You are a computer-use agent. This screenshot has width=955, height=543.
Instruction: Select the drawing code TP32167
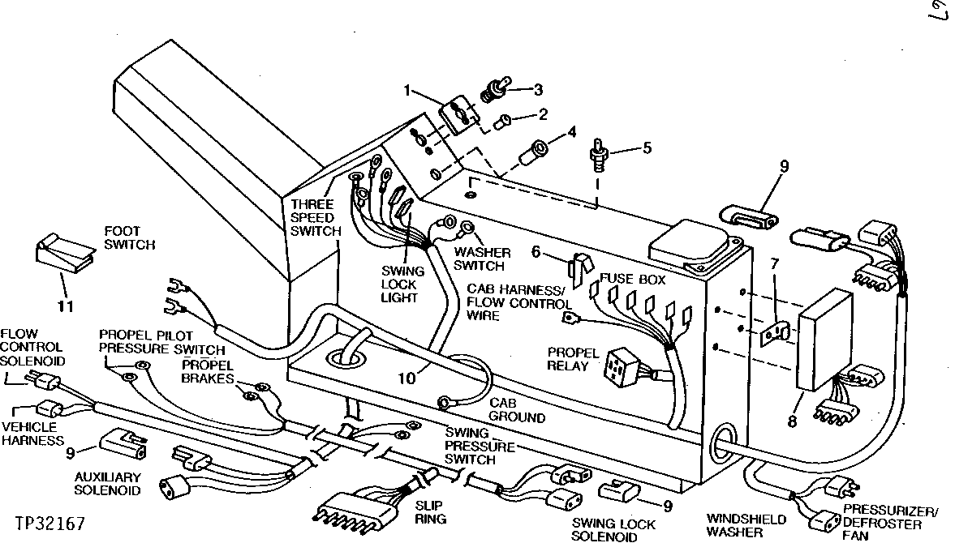(49, 514)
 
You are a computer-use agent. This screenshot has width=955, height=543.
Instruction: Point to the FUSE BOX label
(634, 280)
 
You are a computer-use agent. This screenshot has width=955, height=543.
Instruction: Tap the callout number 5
(646, 148)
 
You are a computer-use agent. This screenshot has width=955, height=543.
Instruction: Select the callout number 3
(537, 88)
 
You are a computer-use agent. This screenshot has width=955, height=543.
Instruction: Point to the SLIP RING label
(429, 511)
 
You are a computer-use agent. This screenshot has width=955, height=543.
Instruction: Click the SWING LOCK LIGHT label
(398, 285)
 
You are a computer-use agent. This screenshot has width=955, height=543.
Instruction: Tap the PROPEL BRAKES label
(208, 373)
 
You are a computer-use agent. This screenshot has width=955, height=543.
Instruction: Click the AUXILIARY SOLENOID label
(108, 484)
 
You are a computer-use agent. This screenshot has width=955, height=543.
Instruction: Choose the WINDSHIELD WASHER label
(734, 525)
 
